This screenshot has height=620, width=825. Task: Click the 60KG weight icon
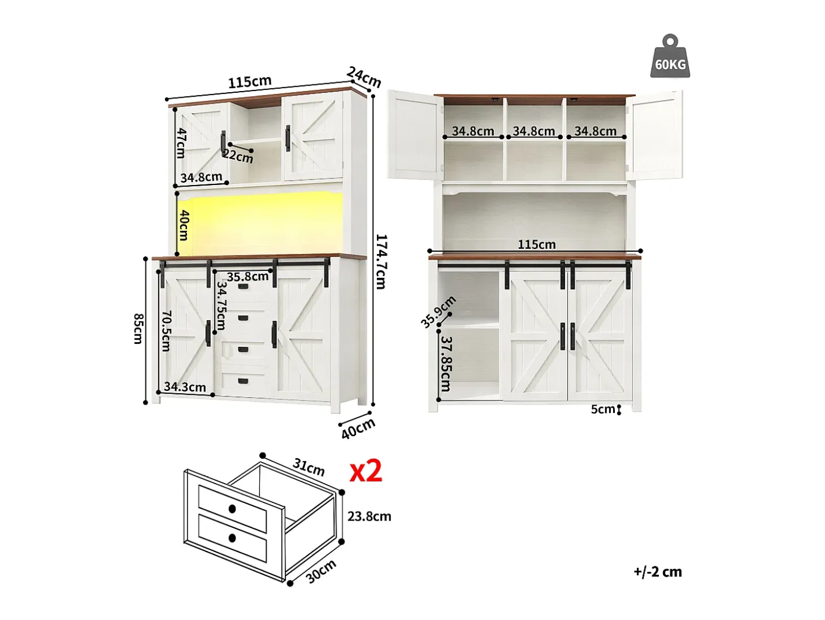pyautogui.click(x=670, y=57)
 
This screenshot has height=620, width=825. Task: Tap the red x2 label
pyautogui.click(x=366, y=471)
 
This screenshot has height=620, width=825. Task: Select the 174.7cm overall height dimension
pyautogui.click(x=381, y=261)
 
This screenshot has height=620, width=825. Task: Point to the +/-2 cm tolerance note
pyautogui.click(x=657, y=572)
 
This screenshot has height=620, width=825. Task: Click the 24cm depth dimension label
pyautogui.click(x=363, y=77)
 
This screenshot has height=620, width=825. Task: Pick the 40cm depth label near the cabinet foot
pyautogui.click(x=358, y=428)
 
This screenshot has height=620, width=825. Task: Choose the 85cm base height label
pyautogui.click(x=138, y=329)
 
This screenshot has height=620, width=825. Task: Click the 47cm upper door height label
pyautogui.click(x=181, y=143)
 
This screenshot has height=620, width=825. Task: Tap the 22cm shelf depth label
pyautogui.click(x=238, y=156)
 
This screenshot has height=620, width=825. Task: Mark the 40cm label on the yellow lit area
pyautogui.click(x=184, y=225)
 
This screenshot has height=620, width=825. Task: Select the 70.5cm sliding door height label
pyautogui.click(x=166, y=331)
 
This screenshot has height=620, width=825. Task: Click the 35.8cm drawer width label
pyautogui.click(x=248, y=277)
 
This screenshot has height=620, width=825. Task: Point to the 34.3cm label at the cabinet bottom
pyautogui.click(x=185, y=387)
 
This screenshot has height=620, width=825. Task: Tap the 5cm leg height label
pyautogui.click(x=602, y=409)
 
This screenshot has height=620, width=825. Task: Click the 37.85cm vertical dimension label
pyautogui.click(x=445, y=364)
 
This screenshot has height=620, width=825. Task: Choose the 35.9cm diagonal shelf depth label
pyautogui.click(x=438, y=312)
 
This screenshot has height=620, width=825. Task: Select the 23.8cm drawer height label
pyautogui.click(x=369, y=516)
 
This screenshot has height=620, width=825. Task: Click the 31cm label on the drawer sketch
pyautogui.click(x=309, y=467)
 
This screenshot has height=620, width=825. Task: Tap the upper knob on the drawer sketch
pyautogui.click(x=232, y=509)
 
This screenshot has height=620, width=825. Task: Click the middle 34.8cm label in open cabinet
pyautogui.click(x=534, y=131)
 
